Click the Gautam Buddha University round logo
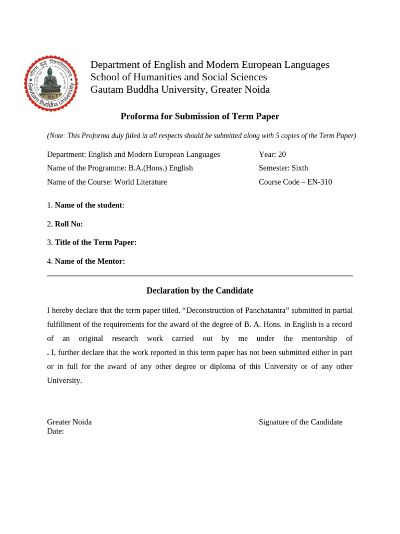51,83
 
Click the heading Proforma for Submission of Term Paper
200,116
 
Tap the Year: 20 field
272,154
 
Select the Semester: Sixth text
283,168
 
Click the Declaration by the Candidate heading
200,290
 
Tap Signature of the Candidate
301,422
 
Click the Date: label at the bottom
56,431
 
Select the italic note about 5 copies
202,136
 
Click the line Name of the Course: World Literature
107,182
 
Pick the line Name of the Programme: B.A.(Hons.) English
120,168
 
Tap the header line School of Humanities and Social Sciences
179,77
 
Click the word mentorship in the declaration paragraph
318,338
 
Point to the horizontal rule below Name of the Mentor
200,276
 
